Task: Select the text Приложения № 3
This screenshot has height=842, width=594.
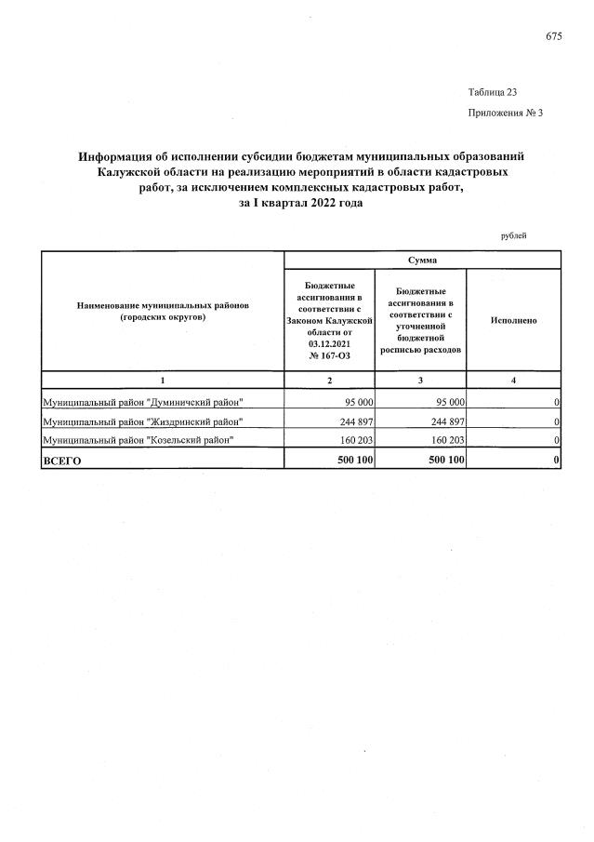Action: click(x=505, y=113)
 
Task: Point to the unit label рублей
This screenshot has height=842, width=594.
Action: click(x=513, y=235)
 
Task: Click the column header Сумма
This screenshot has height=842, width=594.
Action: click(x=421, y=260)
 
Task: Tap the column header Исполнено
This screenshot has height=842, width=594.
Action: click(x=513, y=320)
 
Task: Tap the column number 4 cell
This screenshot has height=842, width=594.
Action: click(x=513, y=380)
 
